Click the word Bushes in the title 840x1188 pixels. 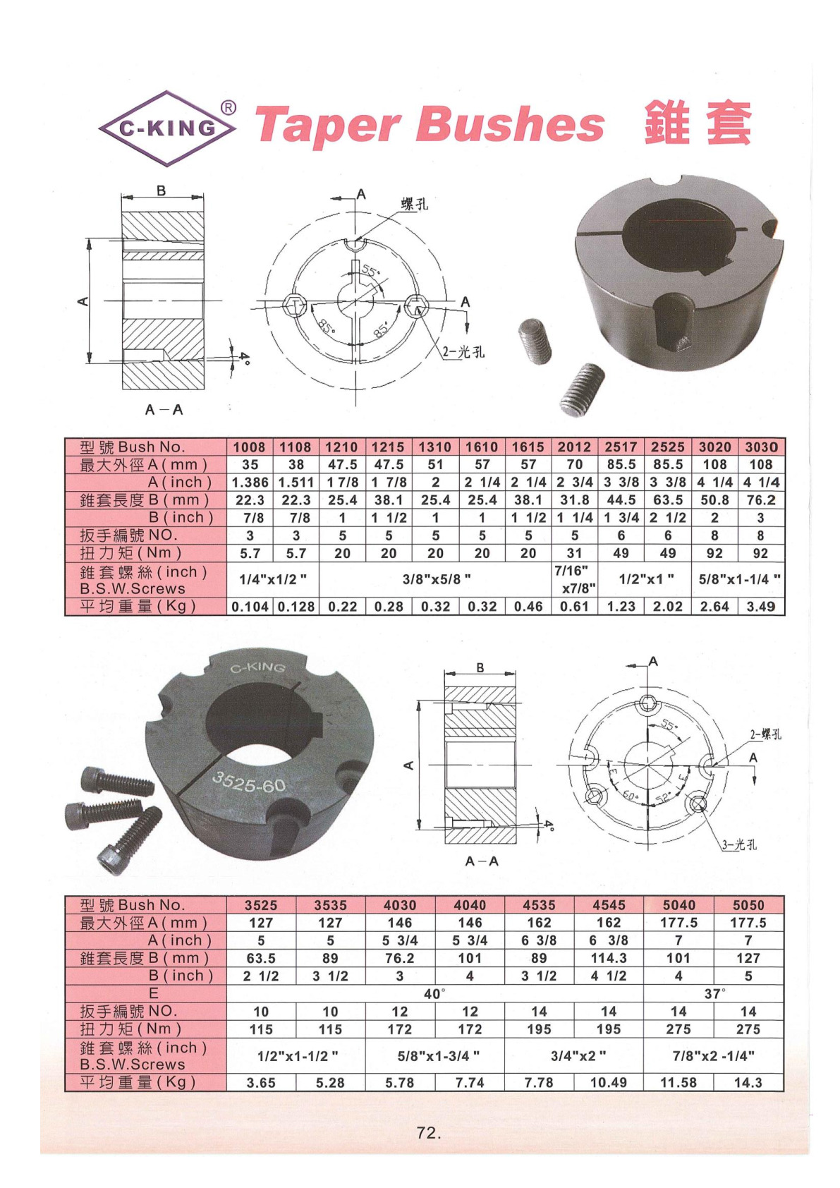click(509, 124)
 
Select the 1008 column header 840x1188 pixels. click(250, 447)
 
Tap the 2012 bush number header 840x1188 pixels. click(574, 447)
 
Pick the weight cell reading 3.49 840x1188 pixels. click(761, 607)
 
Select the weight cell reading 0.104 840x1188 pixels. click(250, 607)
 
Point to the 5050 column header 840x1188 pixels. click(748, 905)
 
